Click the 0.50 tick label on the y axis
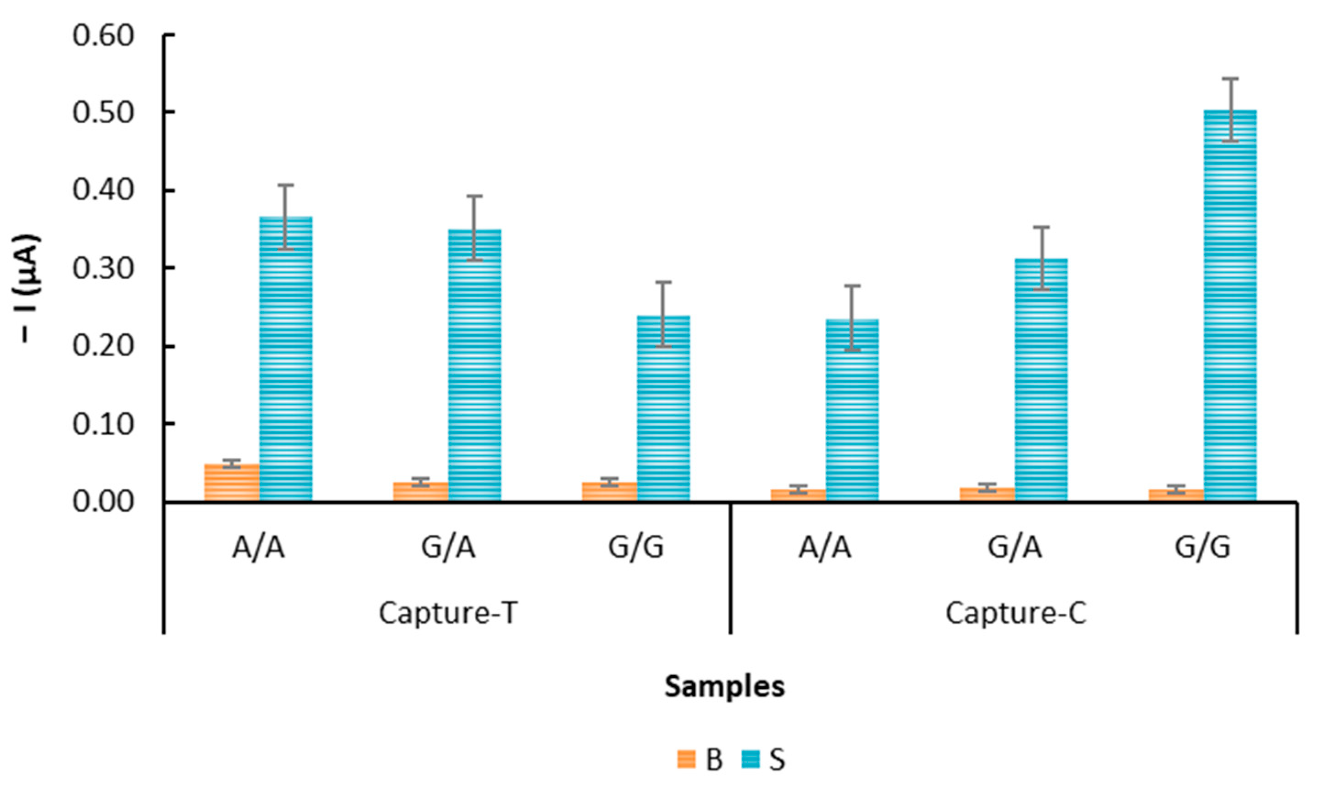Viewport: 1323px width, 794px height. pos(103,113)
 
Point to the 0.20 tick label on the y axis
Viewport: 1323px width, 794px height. pos(103,347)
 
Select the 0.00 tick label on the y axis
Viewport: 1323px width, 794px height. pos(103,502)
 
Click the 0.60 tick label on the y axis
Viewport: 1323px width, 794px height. pos(103,37)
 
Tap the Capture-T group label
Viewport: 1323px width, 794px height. pos(448,613)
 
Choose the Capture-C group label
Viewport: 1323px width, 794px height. pos(1015,613)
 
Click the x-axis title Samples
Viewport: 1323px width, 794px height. pos(724,686)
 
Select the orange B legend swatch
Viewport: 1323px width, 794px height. pos(686,759)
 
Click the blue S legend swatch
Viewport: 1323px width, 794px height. pos(750,759)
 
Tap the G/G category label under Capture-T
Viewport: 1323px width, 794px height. pos(636,548)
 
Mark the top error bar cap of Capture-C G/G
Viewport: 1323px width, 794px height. pos(1229,78)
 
